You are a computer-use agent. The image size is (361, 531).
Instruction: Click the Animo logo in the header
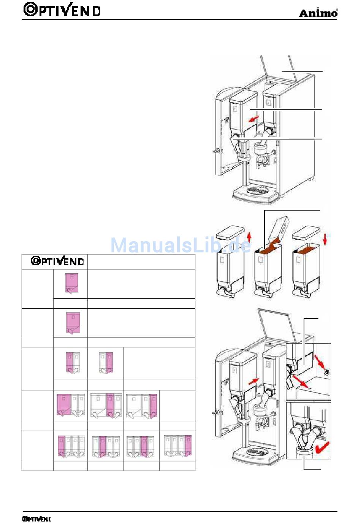318,13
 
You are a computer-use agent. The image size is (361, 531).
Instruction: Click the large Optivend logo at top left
62,10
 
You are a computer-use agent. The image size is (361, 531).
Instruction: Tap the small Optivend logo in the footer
37,519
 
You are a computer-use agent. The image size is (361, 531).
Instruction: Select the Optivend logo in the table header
57,261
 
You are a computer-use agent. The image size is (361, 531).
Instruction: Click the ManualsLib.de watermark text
180,245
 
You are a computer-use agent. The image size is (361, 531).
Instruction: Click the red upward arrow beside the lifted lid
249,237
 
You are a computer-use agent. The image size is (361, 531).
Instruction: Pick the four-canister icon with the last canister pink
178,446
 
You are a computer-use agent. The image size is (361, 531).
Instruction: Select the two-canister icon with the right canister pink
106,363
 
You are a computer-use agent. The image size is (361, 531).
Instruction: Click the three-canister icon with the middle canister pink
106,406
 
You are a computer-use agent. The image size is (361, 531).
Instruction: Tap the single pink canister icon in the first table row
72,284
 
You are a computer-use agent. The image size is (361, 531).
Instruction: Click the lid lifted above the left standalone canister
230,232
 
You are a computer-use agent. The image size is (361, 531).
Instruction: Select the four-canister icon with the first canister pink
70,446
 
